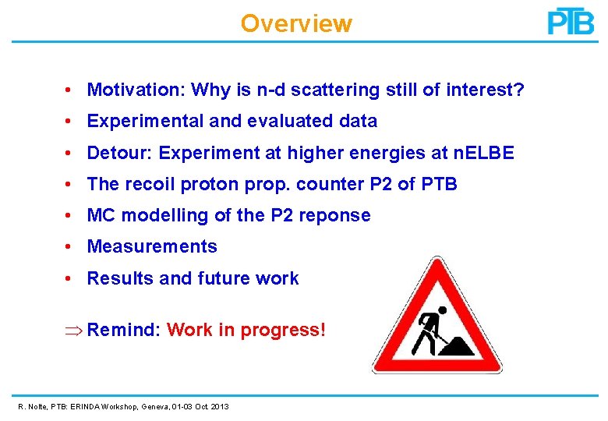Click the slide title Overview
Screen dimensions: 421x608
[x=296, y=23]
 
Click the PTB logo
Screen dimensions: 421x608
[x=571, y=21]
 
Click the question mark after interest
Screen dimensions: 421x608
[x=519, y=90]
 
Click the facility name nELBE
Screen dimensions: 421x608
[x=483, y=153]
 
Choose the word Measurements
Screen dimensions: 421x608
[x=152, y=246]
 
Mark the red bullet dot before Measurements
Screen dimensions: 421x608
[x=70, y=246]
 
